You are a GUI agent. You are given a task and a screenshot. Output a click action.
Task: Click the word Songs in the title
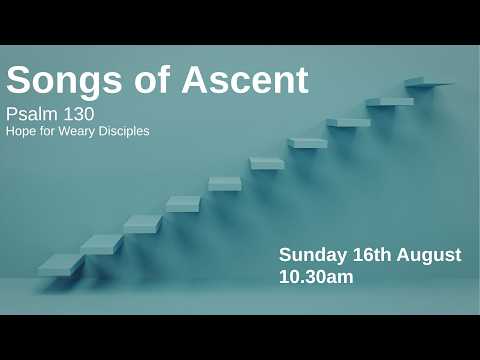point(64,81)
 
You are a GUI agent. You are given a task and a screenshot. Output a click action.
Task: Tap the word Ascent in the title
point(245,80)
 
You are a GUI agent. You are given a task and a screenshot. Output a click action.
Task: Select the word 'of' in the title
point(152,79)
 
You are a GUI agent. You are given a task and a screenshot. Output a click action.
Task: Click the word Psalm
point(32,114)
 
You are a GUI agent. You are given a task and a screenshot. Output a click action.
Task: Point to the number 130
point(79,114)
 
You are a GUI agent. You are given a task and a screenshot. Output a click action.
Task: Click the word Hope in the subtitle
point(21,131)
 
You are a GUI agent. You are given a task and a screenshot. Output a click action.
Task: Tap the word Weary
point(77,131)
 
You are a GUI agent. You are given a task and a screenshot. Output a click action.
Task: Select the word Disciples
point(124,131)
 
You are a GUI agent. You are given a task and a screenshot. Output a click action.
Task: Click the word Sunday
point(313,255)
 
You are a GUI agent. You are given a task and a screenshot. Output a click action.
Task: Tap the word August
point(429,255)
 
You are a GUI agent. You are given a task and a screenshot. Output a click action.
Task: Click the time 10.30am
point(316,277)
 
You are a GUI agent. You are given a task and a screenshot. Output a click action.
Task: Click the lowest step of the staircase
point(60,266)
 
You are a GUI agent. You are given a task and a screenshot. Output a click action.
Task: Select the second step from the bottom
point(102,245)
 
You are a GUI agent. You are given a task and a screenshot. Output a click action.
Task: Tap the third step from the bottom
point(143,224)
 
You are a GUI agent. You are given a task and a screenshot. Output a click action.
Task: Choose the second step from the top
point(390,102)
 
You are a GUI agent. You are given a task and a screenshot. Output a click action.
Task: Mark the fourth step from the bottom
point(183,204)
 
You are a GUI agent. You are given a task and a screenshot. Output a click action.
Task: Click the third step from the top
point(349,122)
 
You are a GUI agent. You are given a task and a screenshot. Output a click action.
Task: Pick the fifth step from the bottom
point(225,184)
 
